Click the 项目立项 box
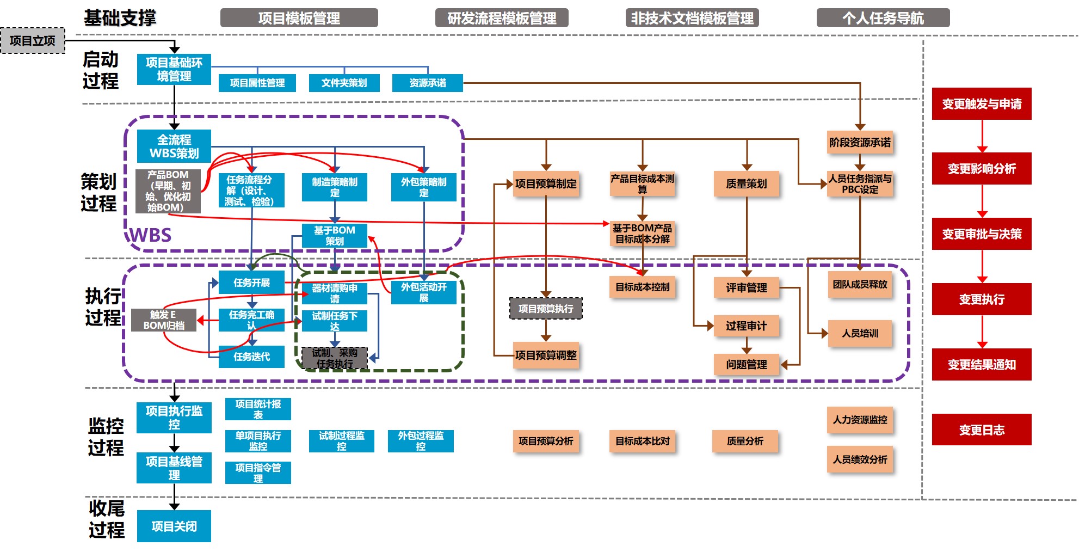point(33,41)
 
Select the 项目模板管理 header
point(299,18)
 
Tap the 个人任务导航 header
point(883,18)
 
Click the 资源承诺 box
point(428,83)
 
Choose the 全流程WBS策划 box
point(174,146)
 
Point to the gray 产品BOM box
point(168,191)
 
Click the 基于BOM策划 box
point(335,236)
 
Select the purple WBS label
point(150,235)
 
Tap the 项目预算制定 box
point(546,184)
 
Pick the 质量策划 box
point(747,184)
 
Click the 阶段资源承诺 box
point(860,143)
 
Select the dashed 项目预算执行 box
point(546,309)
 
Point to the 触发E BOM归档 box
point(164,320)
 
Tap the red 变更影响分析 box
point(982,169)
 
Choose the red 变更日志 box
point(982,430)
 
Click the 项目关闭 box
point(174,526)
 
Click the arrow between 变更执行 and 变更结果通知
point(982,332)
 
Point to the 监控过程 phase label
point(106,437)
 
